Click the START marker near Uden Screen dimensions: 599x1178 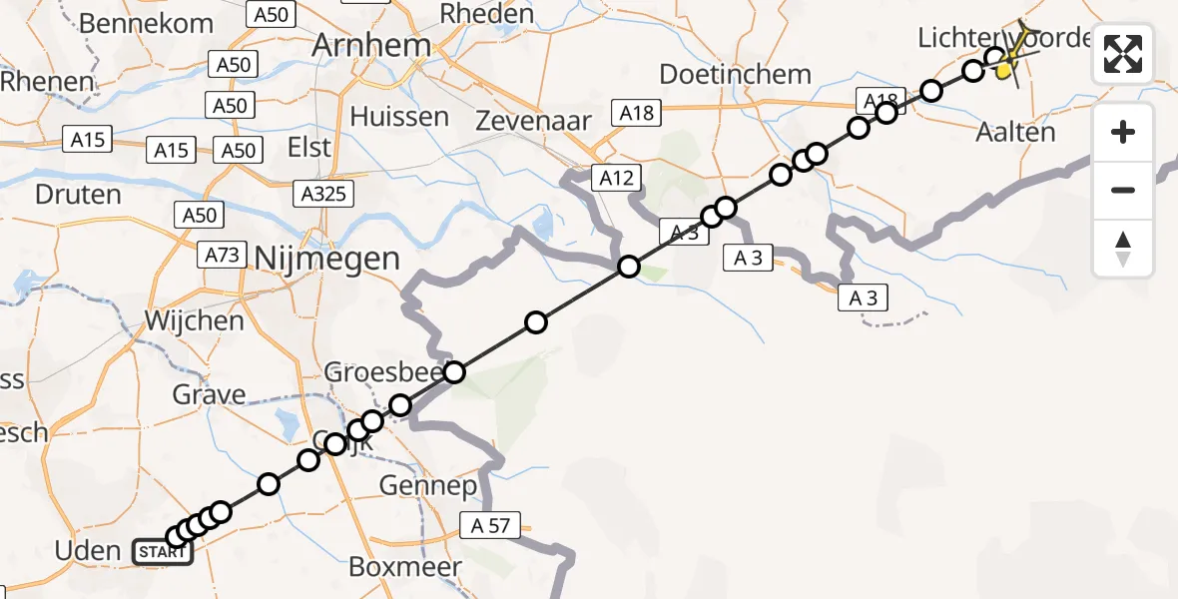(161, 552)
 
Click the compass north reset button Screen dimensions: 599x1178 (1123, 249)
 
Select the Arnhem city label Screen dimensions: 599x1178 (371, 45)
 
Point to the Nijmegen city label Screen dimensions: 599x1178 (327, 259)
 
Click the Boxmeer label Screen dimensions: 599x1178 (405, 567)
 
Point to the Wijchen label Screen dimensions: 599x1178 (194, 320)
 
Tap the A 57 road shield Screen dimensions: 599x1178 (491, 526)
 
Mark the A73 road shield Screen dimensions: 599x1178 (222, 255)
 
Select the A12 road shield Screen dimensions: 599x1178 (616, 179)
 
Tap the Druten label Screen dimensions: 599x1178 (78, 194)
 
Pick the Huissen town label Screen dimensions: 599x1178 (399, 116)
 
